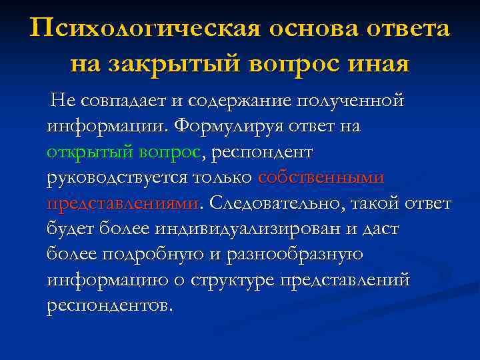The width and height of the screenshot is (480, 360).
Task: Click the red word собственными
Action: [x=321, y=177]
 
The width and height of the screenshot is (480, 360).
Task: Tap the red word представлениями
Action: [x=123, y=203]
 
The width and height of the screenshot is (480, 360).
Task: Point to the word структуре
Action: [x=239, y=279]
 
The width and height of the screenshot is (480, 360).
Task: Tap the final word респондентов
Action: [x=109, y=305]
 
